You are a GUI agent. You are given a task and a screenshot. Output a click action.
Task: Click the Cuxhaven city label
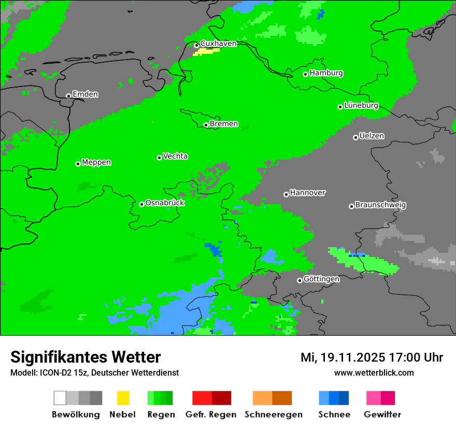[218, 44]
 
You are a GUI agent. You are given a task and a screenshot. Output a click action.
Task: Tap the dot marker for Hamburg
[306, 74]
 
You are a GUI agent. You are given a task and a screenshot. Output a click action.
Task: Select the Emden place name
[85, 94]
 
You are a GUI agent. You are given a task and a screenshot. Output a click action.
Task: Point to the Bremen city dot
[206, 125]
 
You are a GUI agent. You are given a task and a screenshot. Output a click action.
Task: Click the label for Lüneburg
[361, 106]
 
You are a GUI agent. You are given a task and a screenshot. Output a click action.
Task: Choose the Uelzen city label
[372, 136]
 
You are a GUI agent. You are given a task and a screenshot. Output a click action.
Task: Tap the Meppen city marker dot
[78, 164]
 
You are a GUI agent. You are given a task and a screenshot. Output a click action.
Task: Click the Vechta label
[175, 156]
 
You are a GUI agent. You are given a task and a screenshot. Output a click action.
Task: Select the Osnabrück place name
[165, 203]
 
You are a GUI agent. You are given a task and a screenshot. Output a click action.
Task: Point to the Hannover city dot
[286, 194]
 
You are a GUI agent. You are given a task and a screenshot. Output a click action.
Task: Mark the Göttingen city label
[321, 279]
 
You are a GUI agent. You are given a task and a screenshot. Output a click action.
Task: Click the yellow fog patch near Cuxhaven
[206, 52]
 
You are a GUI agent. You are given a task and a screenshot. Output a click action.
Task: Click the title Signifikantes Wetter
[85, 357]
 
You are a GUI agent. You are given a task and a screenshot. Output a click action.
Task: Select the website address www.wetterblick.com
[374, 373]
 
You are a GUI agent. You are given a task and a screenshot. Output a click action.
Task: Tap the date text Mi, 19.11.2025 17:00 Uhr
[372, 357]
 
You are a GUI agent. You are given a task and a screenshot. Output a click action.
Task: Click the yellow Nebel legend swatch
[123, 398]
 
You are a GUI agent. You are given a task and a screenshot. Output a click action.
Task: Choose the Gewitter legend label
[382, 414]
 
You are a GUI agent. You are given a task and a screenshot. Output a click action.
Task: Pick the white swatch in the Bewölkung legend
[60, 398]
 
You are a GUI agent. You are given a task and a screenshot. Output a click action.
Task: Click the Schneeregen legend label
[274, 414]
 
